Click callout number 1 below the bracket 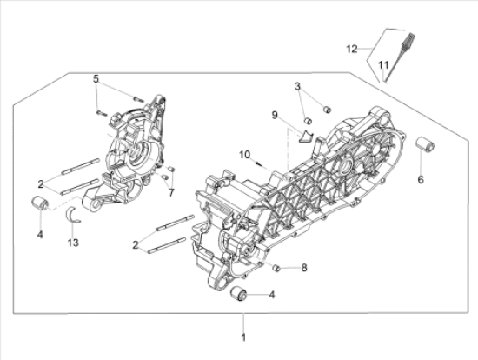[x=243, y=337]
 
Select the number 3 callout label [x=297, y=87]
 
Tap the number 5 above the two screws [x=96, y=79]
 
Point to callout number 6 [x=421, y=180]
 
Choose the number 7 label [x=171, y=193]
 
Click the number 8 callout [x=304, y=268]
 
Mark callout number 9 [x=275, y=116]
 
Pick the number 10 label [x=244, y=155]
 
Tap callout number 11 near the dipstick [x=383, y=65]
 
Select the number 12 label [x=352, y=49]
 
